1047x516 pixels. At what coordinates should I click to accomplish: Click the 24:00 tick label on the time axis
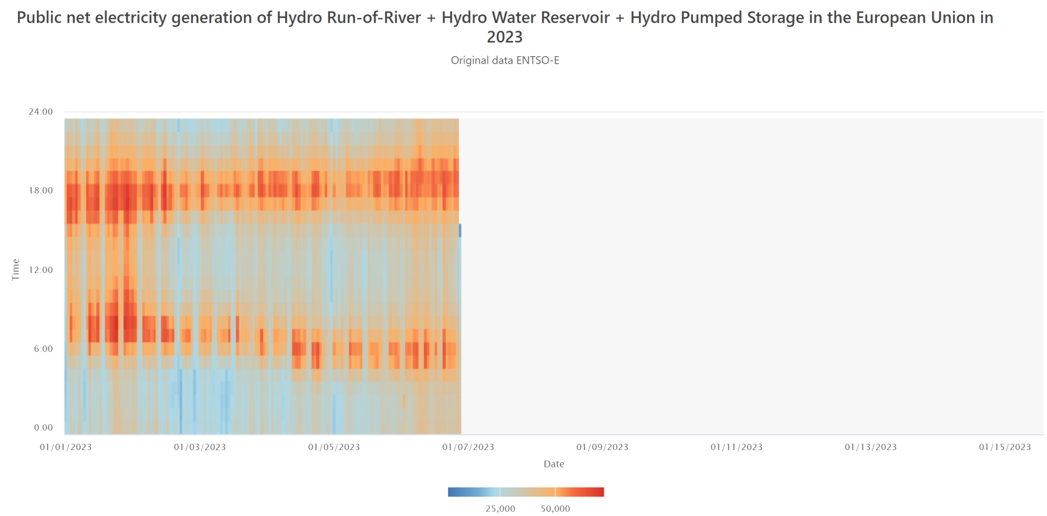pyautogui.click(x=41, y=112)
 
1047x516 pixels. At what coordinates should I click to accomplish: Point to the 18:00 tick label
pyautogui.click(x=41, y=191)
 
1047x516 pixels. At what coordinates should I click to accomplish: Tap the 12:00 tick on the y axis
pyautogui.click(x=41, y=270)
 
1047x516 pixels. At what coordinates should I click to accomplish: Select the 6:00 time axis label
pyautogui.click(x=43, y=349)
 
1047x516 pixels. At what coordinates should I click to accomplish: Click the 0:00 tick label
pyautogui.click(x=43, y=428)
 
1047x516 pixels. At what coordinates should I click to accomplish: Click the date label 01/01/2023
pyautogui.click(x=65, y=447)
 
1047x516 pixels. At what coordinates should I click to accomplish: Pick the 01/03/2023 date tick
pyautogui.click(x=200, y=447)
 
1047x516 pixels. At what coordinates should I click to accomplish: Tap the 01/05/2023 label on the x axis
pyautogui.click(x=334, y=447)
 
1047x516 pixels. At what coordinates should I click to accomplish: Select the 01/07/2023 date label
pyautogui.click(x=468, y=447)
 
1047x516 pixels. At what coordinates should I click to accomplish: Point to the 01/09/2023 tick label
pyautogui.click(x=602, y=447)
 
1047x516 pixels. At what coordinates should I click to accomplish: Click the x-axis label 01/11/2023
pyautogui.click(x=736, y=447)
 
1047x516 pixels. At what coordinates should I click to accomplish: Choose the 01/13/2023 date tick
pyautogui.click(x=870, y=447)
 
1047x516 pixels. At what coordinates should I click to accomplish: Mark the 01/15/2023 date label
pyautogui.click(x=1004, y=447)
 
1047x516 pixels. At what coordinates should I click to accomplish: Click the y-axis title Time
pyautogui.click(x=15, y=270)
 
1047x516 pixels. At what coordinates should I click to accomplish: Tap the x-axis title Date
pyautogui.click(x=553, y=464)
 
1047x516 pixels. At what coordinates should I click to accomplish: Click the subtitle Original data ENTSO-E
pyautogui.click(x=505, y=60)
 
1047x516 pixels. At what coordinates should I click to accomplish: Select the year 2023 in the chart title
pyautogui.click(x=504, y=37)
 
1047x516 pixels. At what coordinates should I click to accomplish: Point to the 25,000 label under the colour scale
pyautogui.click(x=500, y=508)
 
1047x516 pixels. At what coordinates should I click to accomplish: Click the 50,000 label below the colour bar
pyautogui.click(x=555, y=508)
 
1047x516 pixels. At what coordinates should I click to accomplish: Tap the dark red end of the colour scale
pyautogui.click(x=600, y=492)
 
